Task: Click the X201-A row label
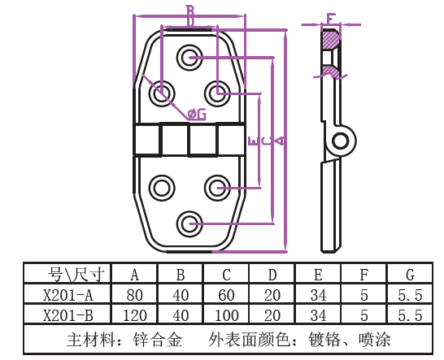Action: [x=68, y=295]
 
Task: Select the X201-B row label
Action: [x=68, y=315]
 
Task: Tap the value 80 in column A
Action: [x=134, y=295]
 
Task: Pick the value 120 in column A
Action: [x=135, y=315]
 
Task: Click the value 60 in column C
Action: [x=226, y=295]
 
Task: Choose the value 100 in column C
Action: [x=227, y=315]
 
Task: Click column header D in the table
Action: [x=272, y=275]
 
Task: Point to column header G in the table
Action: [x=410, y=275]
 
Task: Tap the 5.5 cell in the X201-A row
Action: [x=410, y=295]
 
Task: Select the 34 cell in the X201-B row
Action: [x=318, y=315]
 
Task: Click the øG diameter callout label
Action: [x=197, y=115]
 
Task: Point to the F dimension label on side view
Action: [x=330, y=19]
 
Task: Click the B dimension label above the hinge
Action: [x=190, y=11]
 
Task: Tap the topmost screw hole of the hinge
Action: [x=189, y=58]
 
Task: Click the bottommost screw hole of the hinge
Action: [x=189, y=223]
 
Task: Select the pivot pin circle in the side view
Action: [x=340, y=141]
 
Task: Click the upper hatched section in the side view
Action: [x=331, y=39]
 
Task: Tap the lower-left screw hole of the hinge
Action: [x=162, y=188]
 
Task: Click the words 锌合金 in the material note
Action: [x=158, y=340]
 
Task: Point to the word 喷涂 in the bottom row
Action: [x=374, y=340]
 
